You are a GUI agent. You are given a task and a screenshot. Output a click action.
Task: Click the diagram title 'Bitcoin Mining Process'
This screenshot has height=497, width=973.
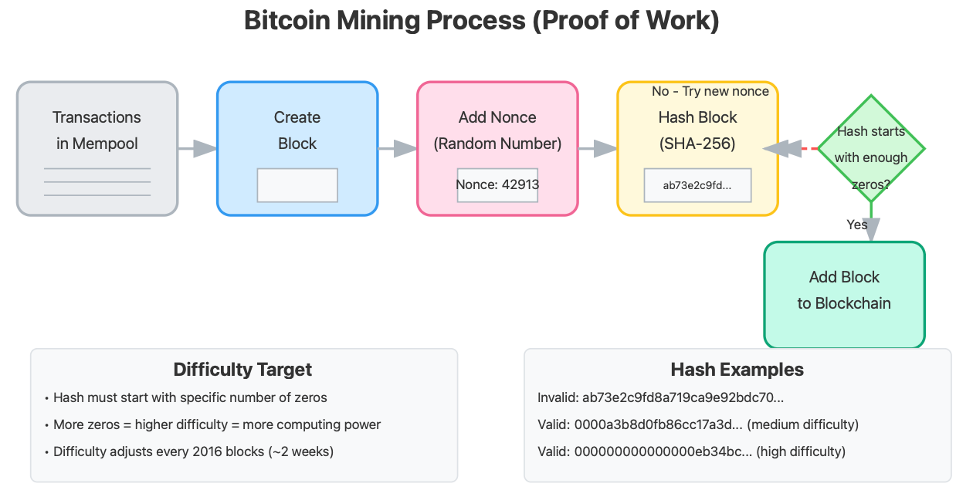pos(481,21)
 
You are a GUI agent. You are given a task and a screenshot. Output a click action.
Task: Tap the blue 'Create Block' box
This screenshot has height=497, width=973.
pos(297,130)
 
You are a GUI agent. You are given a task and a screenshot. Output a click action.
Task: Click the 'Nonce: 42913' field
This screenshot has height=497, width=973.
pos(497,185)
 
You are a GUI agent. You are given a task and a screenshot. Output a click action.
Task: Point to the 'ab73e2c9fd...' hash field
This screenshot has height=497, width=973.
pos(697,185)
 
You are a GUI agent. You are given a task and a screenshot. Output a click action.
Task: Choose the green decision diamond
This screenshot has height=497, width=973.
pos(871,148)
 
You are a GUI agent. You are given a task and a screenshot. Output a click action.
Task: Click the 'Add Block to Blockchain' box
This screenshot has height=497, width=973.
pos(844,291)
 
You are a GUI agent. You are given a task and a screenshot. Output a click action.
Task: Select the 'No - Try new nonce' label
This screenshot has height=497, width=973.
pos(710,92)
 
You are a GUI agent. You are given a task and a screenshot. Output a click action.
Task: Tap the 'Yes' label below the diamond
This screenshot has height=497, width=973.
pos(857,225)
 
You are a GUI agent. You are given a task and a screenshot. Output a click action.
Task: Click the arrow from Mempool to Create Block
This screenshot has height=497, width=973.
pos(197,148)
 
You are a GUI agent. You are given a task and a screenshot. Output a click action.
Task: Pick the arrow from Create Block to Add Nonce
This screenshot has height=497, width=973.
pos(397,148)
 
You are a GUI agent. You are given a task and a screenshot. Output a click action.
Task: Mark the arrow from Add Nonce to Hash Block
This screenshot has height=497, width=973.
pos(597,148)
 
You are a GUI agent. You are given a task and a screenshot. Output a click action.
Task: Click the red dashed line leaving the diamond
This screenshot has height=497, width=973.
pos(809,148)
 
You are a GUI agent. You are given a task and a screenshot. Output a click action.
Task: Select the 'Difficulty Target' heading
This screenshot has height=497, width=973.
pos(242,370)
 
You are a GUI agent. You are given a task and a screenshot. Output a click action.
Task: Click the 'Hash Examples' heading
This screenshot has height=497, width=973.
pos(737,370)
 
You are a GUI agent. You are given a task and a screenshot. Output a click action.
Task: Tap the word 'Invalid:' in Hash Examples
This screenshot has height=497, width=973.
pos(558,398)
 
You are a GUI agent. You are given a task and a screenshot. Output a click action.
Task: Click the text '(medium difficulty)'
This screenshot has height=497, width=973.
pos(803,425)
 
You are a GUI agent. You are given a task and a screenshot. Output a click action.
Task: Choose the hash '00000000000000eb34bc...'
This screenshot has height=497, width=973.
pos(663,451)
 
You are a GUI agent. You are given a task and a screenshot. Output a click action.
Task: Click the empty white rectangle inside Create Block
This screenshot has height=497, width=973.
pos(297,185)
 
